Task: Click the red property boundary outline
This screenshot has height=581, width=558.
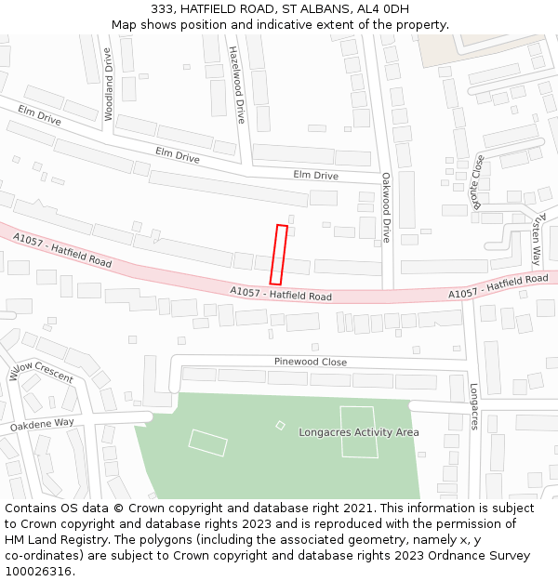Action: coord(278,254)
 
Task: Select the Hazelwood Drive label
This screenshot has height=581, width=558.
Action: coord(236,85)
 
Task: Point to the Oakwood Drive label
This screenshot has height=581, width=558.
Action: coord(386,206)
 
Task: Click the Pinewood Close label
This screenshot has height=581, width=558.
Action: coord(311,362)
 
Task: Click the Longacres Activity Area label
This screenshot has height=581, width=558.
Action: coord(359,432)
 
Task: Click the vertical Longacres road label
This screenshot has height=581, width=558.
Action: coord(473,406)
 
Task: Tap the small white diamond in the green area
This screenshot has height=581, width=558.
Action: coord(281,425)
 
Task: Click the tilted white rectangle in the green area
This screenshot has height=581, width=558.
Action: coord(207,442)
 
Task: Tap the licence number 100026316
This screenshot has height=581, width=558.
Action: coord(39,571)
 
